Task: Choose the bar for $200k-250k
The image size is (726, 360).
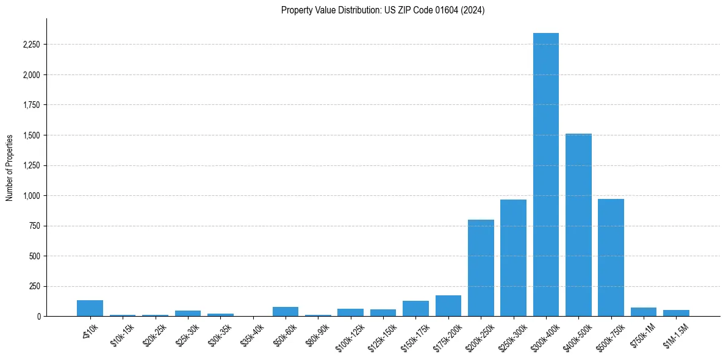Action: (481, 268)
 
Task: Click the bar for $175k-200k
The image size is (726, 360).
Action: (448, 306)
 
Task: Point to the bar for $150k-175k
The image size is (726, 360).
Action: (415, 309)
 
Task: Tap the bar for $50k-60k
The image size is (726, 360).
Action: (286, 311)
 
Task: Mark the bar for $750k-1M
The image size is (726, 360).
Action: (643, 312)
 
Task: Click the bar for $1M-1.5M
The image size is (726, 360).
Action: (676, 313)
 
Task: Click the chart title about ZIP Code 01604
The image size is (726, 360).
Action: (383, 10)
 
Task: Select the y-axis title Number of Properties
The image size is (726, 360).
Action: (10, 167)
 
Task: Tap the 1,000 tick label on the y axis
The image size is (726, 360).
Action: (31, 196)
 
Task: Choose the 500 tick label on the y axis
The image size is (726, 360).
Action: (34, 256)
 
